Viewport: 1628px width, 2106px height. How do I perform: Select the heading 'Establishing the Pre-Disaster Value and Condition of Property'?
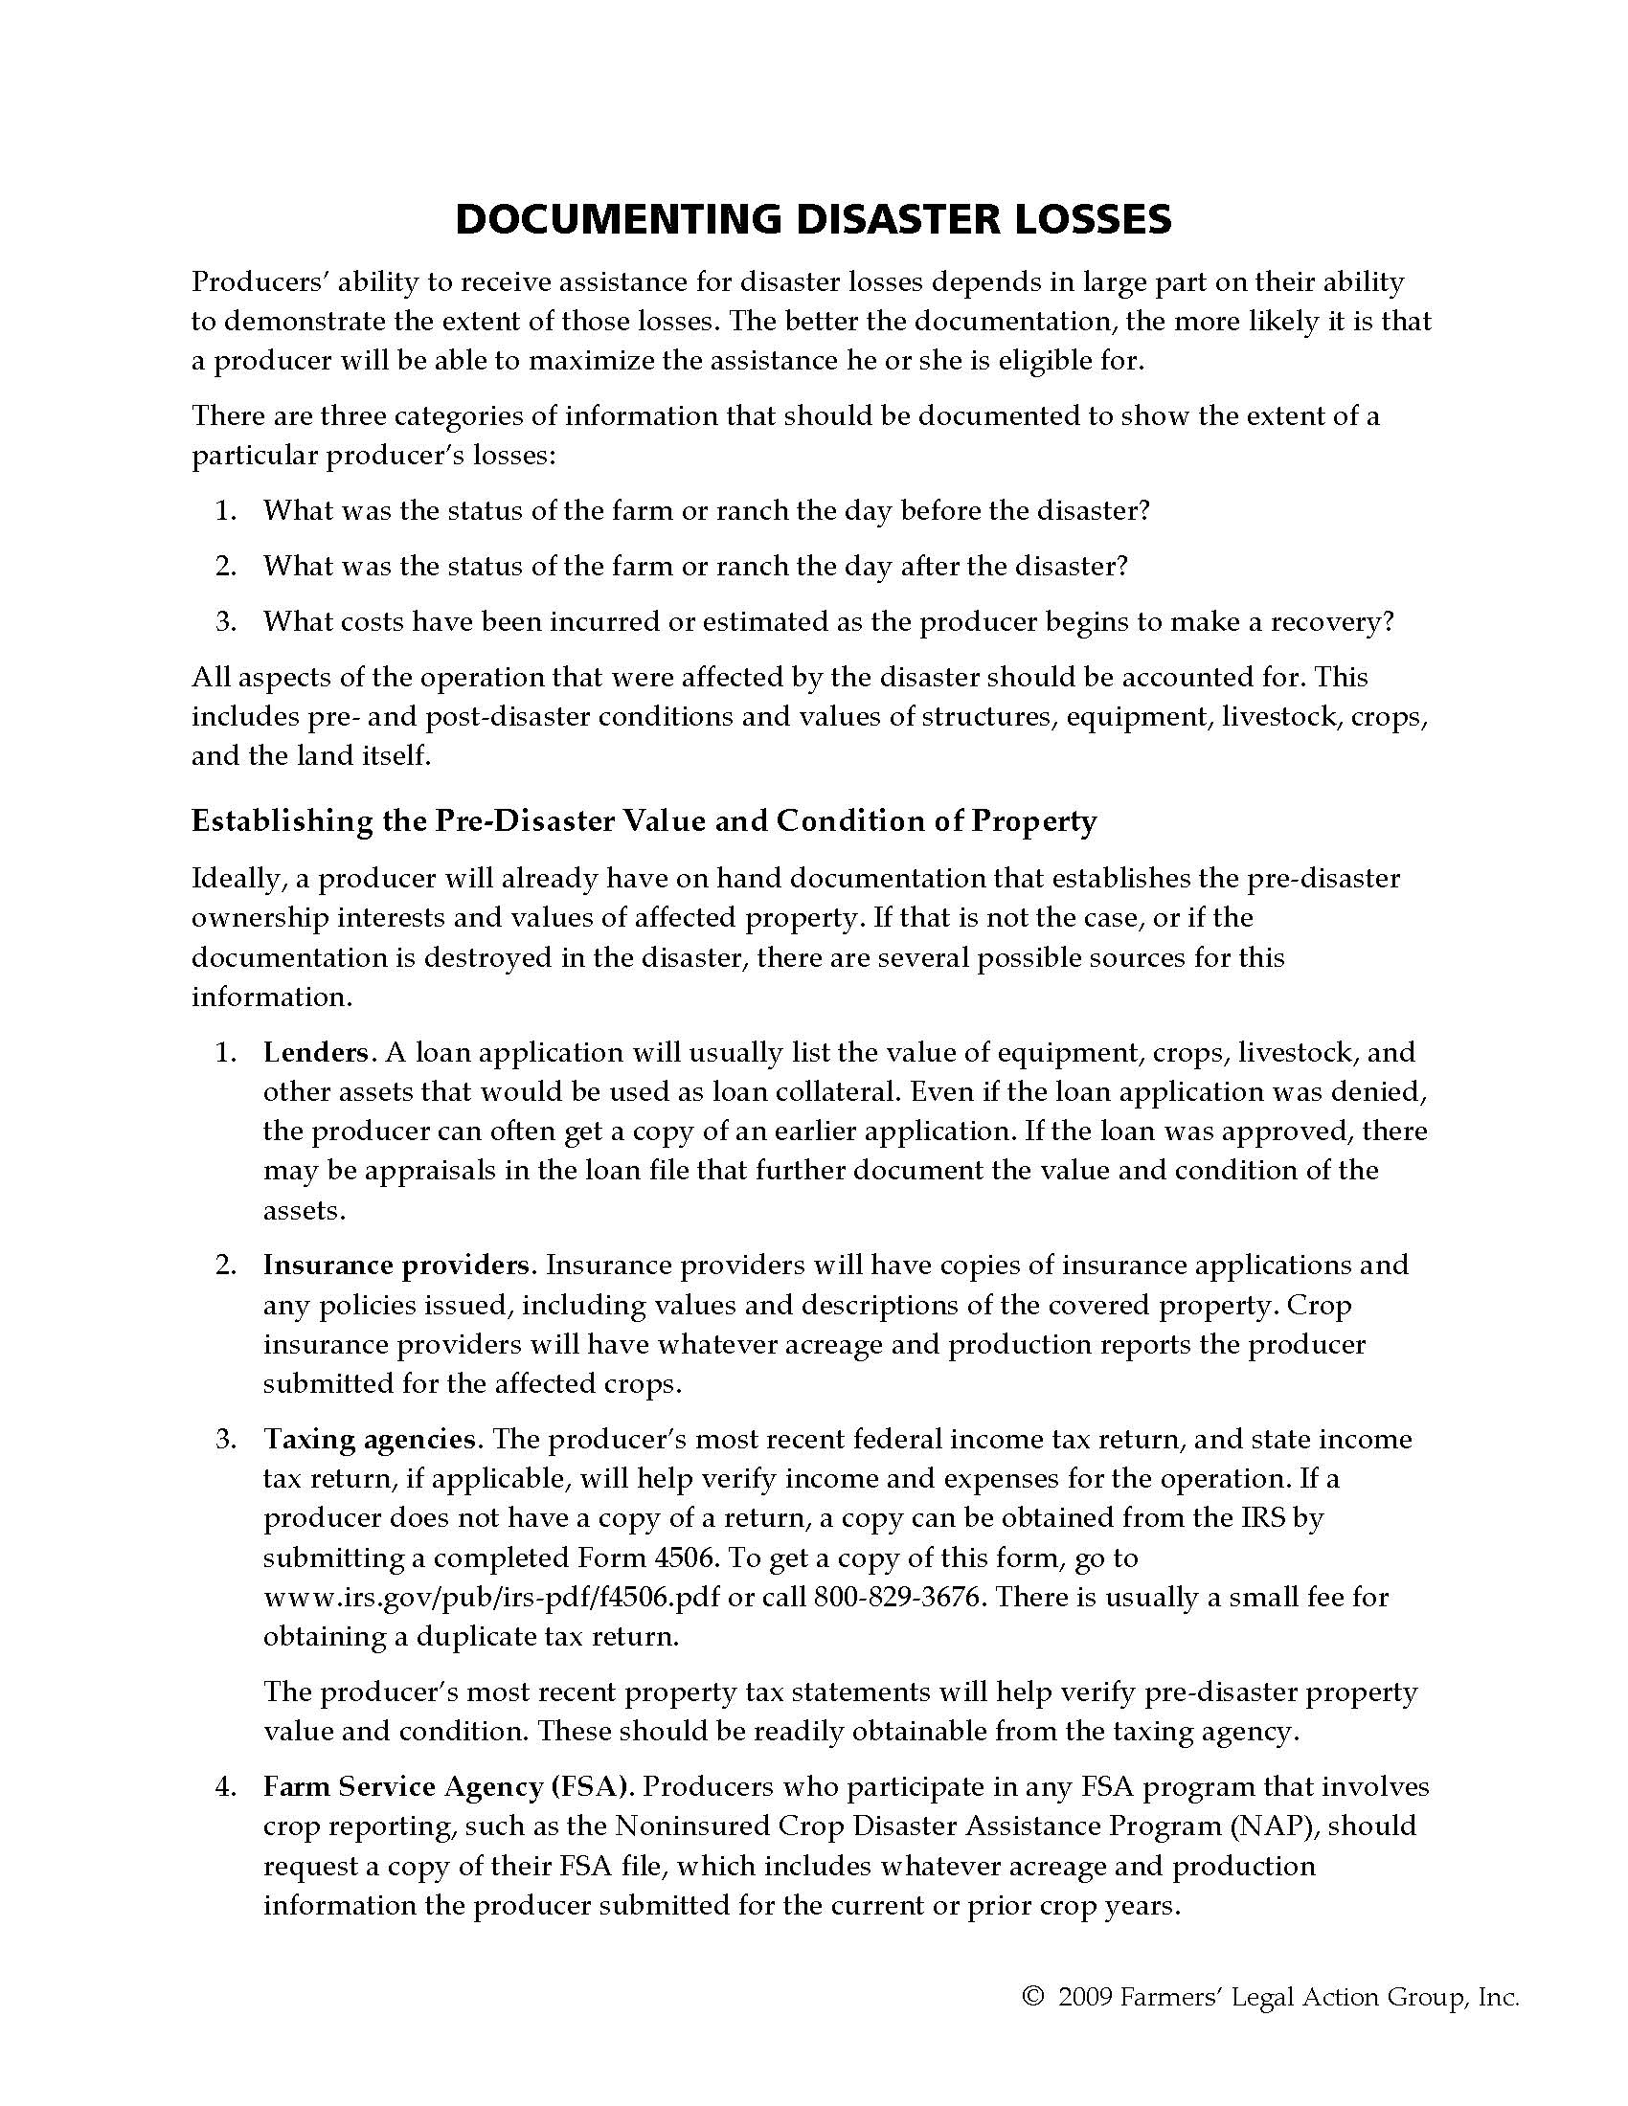(x=644, y=820)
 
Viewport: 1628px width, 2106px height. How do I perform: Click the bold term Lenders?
(x=315, y=1052)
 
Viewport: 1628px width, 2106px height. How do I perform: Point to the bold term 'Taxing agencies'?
(x=370, y=1439)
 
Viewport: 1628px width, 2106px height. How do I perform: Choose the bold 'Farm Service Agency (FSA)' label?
(x=447, y=1787)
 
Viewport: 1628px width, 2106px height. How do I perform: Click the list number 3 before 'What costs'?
(x=226, y=621)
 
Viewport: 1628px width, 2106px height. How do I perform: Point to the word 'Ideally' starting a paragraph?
(x=232, y=879)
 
